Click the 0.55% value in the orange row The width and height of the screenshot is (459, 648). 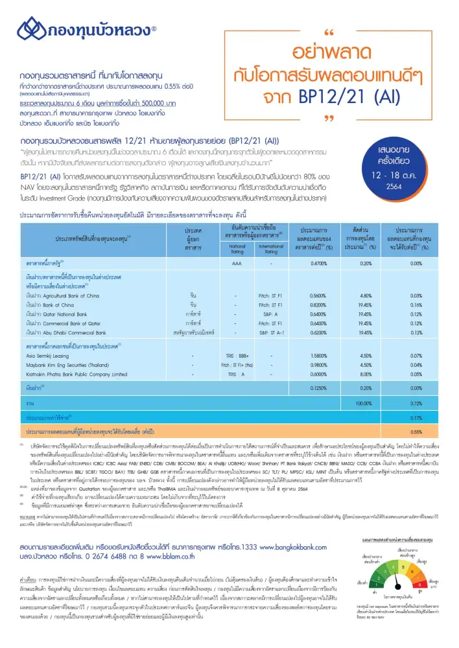(x=417, y=430)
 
